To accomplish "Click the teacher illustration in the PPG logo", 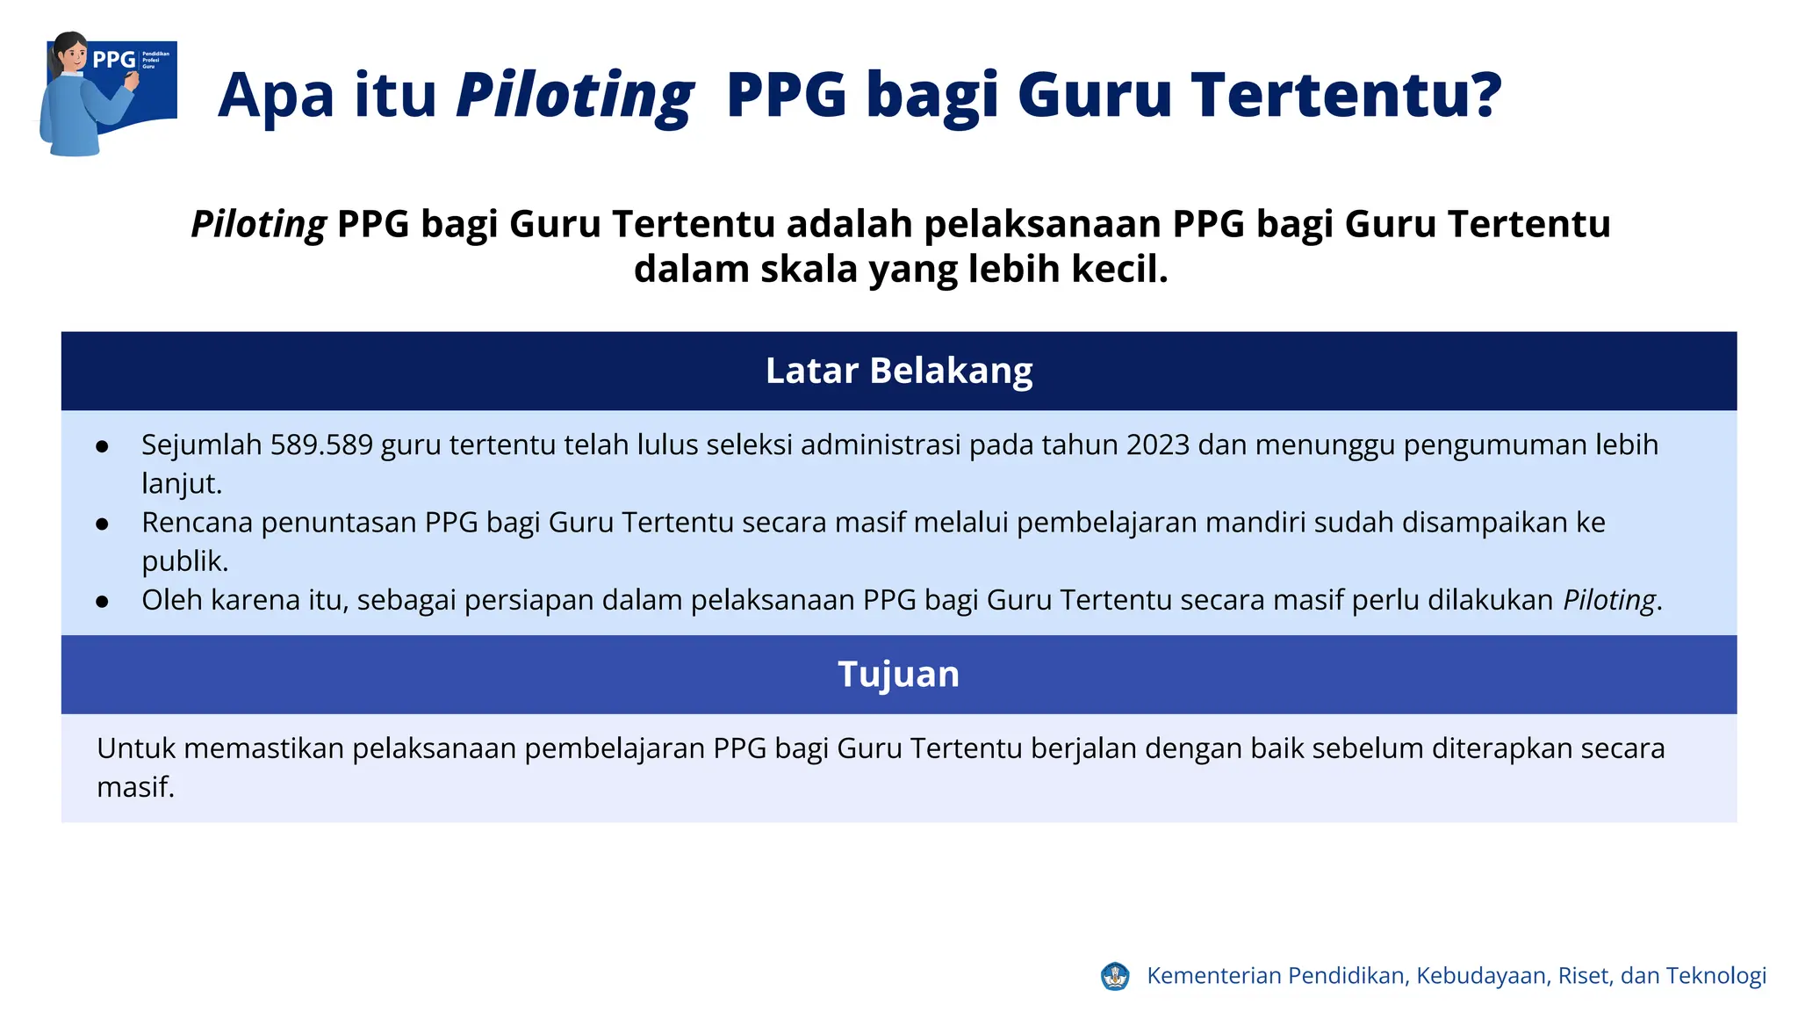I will point(79,97).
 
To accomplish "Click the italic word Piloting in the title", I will point(575,95).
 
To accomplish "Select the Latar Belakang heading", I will point(899,371).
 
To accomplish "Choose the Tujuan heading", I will point(899,675).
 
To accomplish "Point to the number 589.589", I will point(321,445).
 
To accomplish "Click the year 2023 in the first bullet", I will point(1157,445).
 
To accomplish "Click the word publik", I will point(183,561).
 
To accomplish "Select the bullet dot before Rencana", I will point(103,524).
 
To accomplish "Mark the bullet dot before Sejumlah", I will point(103,447).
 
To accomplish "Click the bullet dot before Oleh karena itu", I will point(103,602).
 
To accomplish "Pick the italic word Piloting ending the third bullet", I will point(1609,600).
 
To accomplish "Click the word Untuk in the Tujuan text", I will point(136,748).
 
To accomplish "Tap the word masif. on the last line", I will point(135,787).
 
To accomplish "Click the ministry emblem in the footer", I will point(1115,976).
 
